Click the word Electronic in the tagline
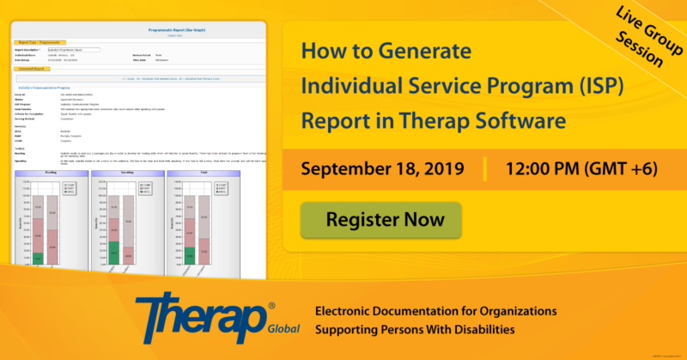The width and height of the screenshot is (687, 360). tap(355, 310)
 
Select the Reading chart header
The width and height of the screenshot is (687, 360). tap(52, 173)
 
